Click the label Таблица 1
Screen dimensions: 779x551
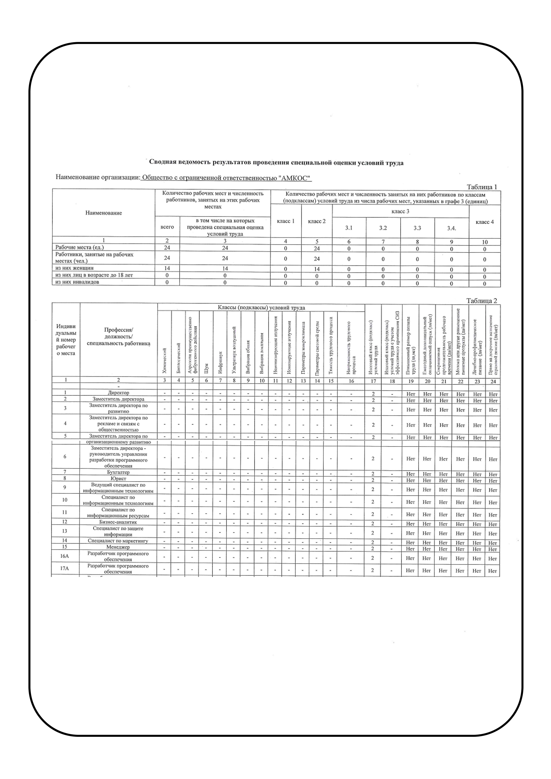(481, 187)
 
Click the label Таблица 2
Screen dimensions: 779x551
(481, 301)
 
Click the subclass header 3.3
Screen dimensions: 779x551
(417, 228)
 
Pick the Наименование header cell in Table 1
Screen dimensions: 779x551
(103, 213)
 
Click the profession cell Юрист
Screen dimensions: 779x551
(118, 478)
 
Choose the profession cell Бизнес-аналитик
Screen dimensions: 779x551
(118, 522)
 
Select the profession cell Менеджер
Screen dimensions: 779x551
(118, 547)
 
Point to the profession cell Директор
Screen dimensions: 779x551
(118, 393)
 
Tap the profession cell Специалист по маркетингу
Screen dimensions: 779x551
(118, 541)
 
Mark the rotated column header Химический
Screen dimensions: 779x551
(165, 361)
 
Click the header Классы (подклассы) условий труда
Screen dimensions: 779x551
(261, 308)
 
